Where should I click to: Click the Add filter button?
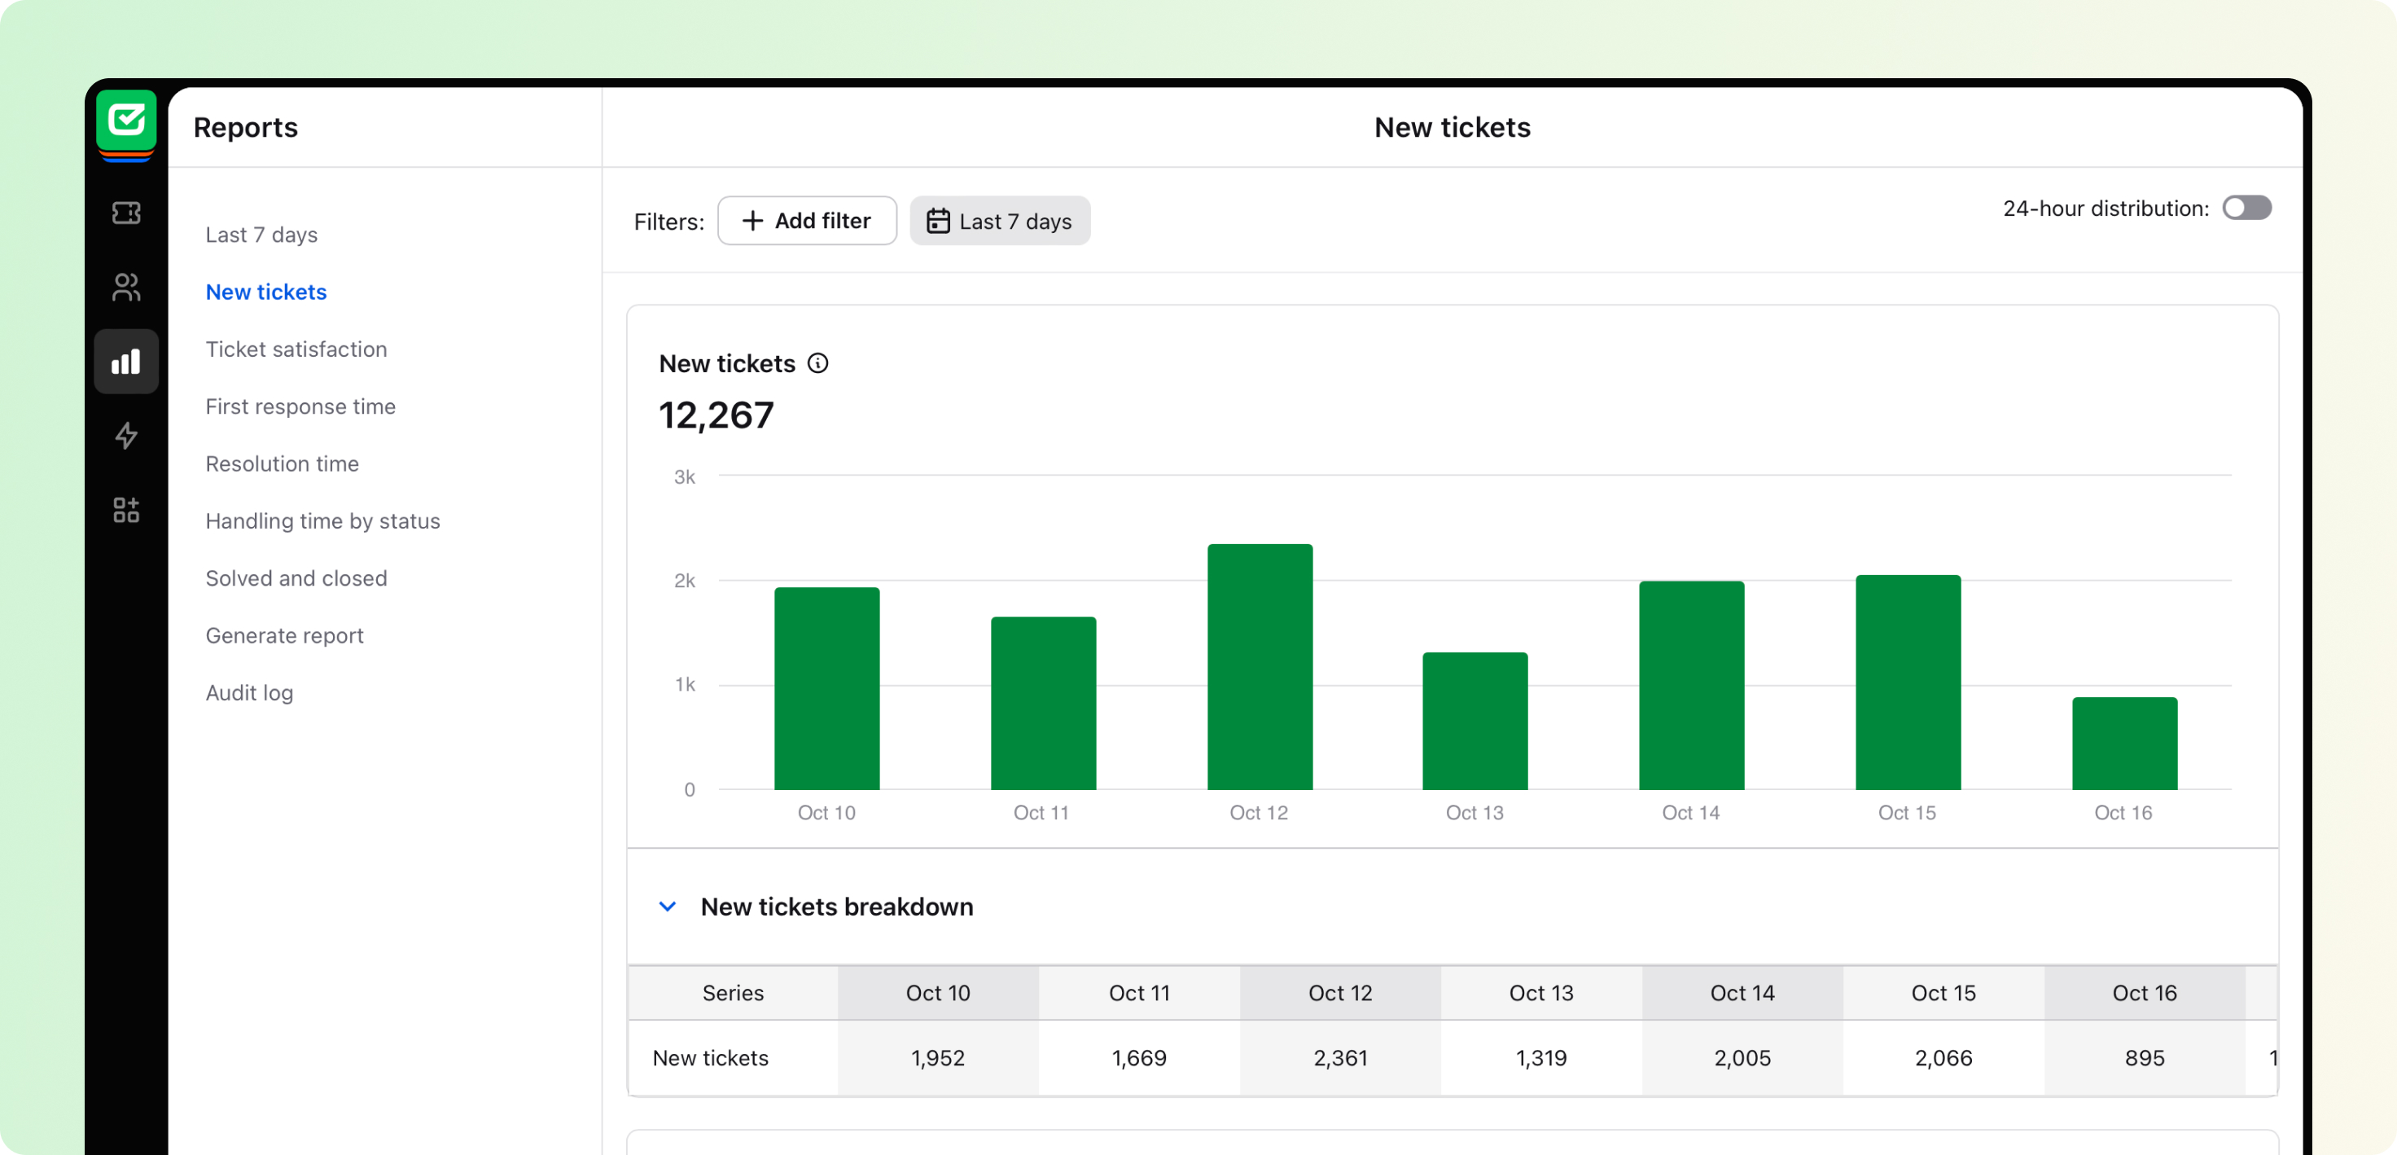pos(806,221)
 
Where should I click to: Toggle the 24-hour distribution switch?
pos(2246,208)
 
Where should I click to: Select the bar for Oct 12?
pos(1259,666)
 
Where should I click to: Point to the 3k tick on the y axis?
pos(684,477)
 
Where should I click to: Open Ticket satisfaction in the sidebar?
pos(296,349)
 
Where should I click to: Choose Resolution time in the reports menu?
pos(282,463)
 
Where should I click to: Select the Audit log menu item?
pos(249,692)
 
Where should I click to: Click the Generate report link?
pos(284,635)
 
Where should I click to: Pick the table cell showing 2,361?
pos(1340,1057)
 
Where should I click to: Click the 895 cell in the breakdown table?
pos(2144,1057)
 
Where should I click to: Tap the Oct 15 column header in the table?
pos(1943,993)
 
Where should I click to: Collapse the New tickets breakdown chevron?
pos(667,907)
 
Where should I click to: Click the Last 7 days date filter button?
pos(999,221)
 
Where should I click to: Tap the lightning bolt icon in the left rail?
pos(126,436)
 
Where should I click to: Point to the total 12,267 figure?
pos(716,415)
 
